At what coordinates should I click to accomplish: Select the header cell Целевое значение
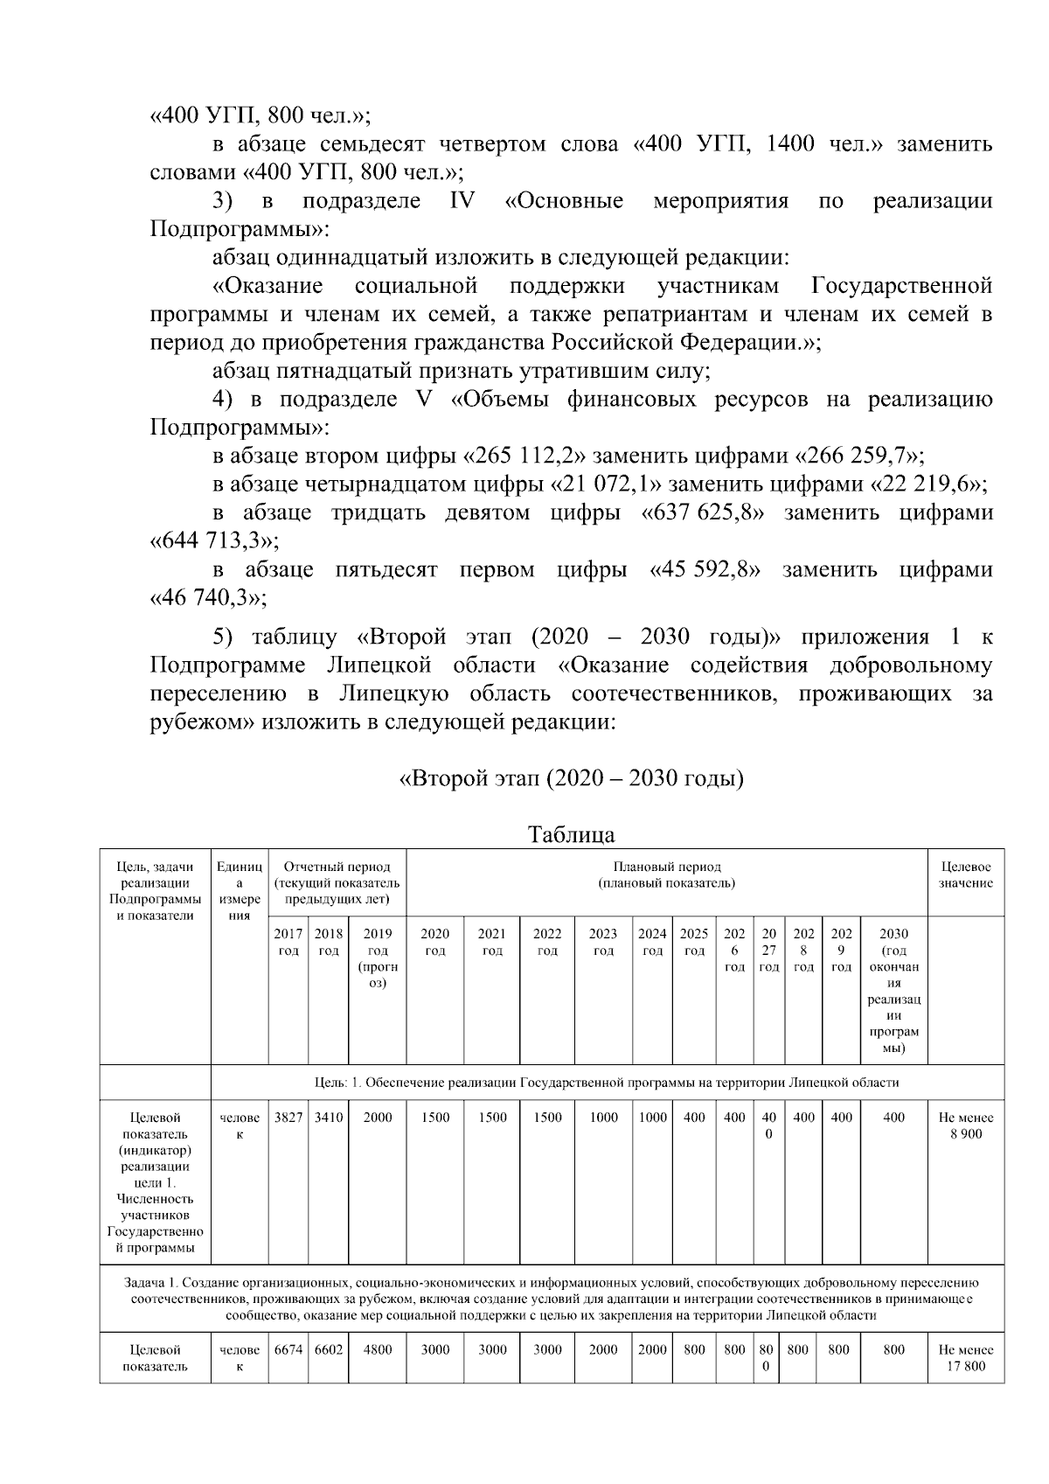965,875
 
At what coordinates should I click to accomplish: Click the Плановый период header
666,875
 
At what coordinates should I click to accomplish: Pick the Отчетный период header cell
337,882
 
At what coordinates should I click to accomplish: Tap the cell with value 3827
288,1118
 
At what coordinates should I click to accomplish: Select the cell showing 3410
328,1118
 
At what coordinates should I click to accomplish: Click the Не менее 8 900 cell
965,1125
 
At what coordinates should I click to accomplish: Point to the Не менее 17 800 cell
965,1357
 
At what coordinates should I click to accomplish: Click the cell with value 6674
288,1349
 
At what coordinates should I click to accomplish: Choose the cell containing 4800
377,1349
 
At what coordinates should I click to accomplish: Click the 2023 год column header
603,942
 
